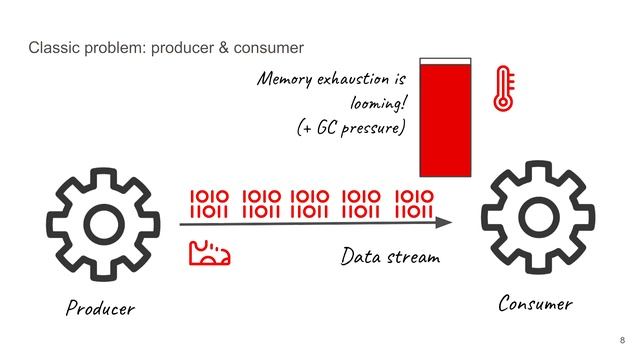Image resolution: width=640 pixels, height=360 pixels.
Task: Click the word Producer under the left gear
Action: click(99, 307)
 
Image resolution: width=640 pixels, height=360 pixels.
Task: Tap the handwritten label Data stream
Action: click(390, 257)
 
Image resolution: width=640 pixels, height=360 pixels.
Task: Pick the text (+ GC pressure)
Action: click(350, 129)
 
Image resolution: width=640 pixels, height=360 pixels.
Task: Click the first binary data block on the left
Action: click(210, 204)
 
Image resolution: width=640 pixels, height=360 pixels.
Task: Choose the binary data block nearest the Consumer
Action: click(413, 204)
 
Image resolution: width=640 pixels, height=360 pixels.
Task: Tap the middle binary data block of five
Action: click(310, 204)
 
